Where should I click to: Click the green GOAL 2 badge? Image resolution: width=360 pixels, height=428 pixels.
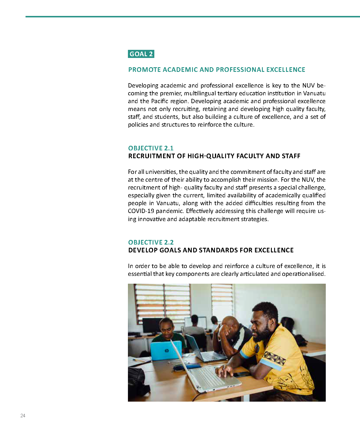coord(141,54)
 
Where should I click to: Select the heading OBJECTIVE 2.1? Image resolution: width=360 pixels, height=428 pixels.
coord(151,148)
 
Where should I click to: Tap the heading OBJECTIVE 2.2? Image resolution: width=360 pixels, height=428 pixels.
coord(151,242)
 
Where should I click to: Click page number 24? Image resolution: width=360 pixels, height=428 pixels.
coord(23,416)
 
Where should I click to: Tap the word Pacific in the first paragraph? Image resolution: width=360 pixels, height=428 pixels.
coord(161,101)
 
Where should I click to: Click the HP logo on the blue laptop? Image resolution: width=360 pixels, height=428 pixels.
coord(167,351)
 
